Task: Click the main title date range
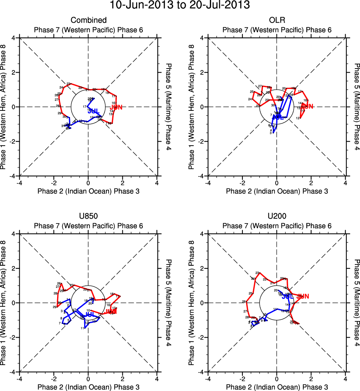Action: coord(180,6)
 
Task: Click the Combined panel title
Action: coord(88,20)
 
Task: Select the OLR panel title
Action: coord(277,20)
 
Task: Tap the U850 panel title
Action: coord(88,216)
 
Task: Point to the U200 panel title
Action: coord(277,216)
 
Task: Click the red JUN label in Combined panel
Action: coord(116,107)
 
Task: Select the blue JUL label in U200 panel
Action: coord(288,296)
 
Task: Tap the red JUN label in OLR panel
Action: coord(307,107)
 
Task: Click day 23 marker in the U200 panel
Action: coord(258,273)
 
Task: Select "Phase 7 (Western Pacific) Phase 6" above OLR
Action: coord(277,30)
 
